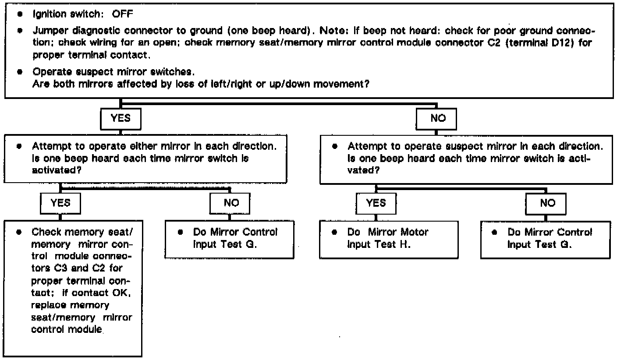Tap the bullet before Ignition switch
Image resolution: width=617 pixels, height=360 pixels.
pos(20,14)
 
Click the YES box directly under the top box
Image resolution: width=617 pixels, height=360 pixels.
pos(121,118)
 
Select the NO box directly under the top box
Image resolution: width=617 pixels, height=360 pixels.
pos(438,118)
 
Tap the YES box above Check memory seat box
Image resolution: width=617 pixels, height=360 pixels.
pos(60,203)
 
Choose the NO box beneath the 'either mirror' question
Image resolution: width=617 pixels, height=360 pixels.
pos(230,203)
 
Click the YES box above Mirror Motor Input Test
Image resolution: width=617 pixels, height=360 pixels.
pos(376,203)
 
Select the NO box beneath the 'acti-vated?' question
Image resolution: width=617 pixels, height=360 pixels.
pos(548,203)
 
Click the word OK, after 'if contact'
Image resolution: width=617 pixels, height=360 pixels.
pos(124,295)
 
